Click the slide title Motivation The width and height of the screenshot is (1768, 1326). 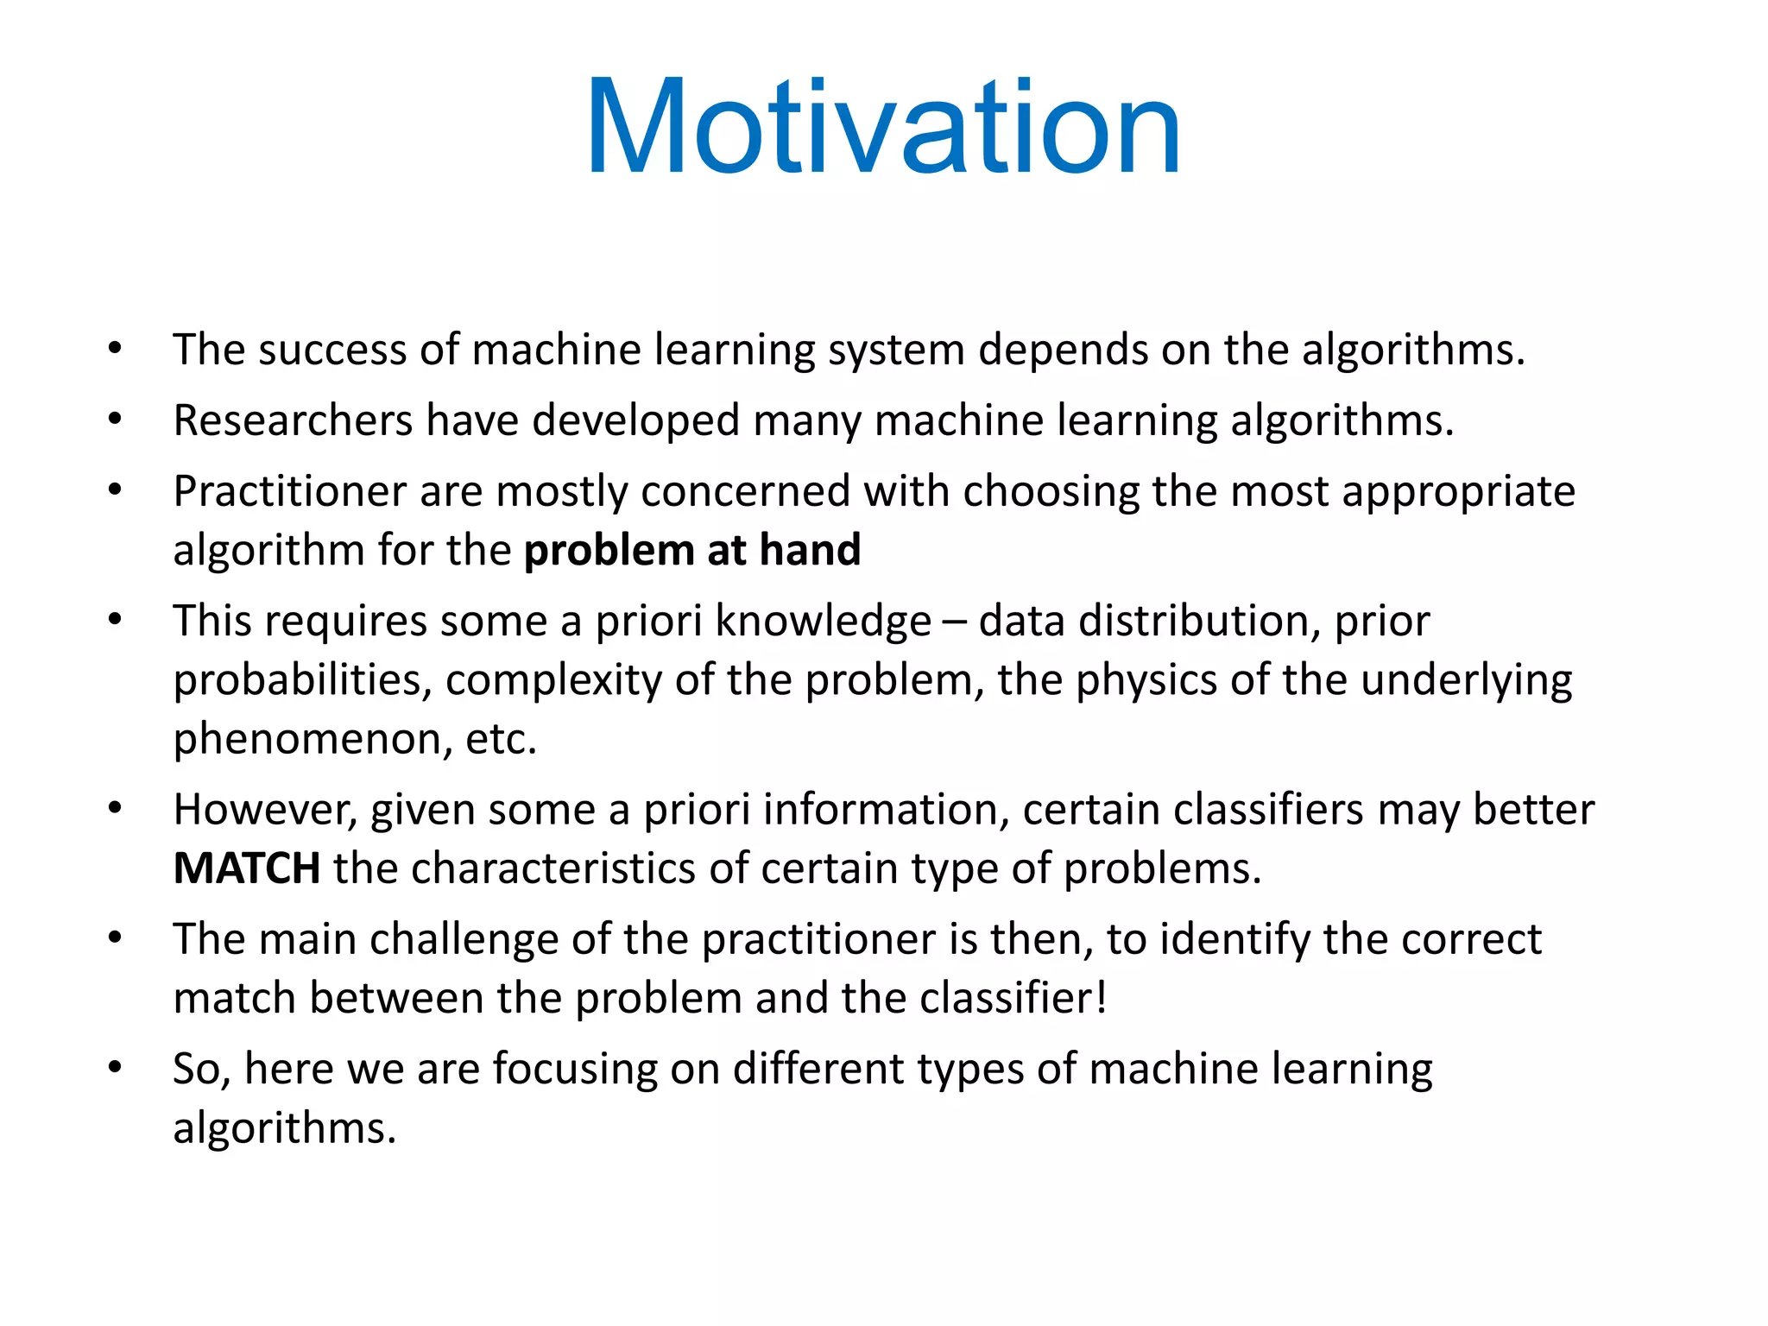click(x=882, y=128)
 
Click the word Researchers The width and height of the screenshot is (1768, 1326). click(x=293, y=421)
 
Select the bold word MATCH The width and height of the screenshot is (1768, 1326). click(x=247, y=868)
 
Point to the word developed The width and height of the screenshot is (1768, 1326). click(x=635, y=421)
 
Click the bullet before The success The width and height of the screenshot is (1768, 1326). click(x=115, y=350)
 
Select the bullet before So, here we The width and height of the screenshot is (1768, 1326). click(x=115, y=1068)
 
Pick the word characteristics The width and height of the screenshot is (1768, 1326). click(x=552, y=868)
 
